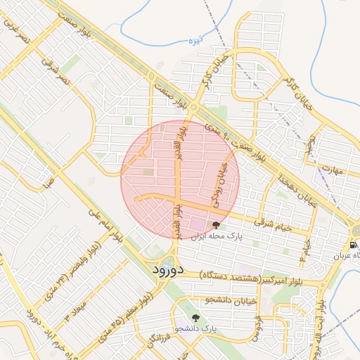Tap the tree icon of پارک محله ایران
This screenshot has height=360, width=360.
coord(214,226)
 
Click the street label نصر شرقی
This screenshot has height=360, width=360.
coord(56,71)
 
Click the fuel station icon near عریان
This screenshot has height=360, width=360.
coord(352,244)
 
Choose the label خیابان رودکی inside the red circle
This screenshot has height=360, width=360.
coord(219,181)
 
